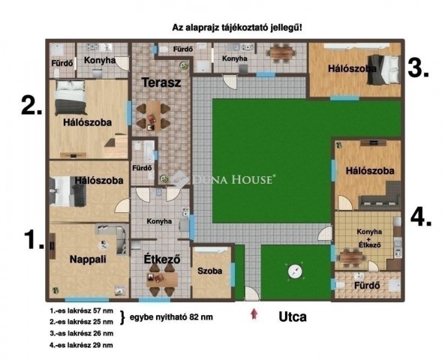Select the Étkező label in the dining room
(161, 260)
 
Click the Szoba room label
(210, 271)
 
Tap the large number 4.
(421, 217)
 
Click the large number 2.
(31, 105)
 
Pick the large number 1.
(33, 241)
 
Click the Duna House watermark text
(234, 179)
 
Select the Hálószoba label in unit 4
(369, 171)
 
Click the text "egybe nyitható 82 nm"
(171, 317)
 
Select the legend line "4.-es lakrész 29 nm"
(81, 345)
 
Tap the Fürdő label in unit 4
(368, 285)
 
